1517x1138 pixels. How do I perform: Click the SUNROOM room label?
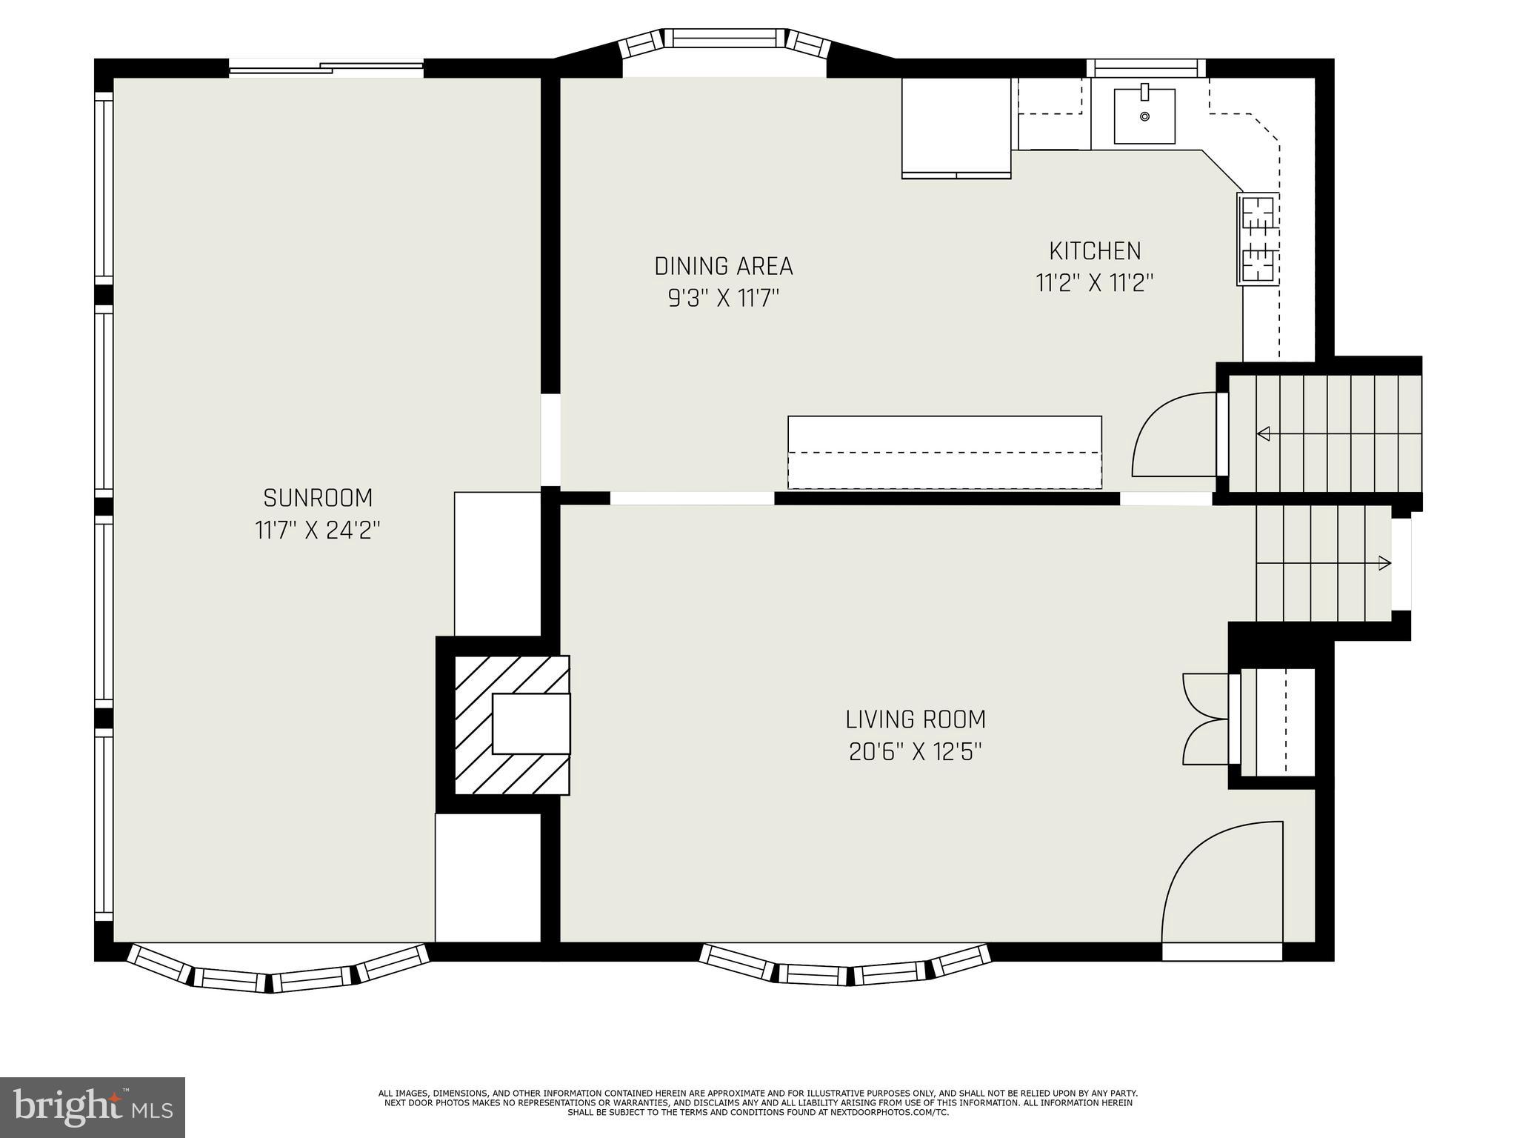pos(318,497)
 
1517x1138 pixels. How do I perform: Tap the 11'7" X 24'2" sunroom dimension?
pos(318,530)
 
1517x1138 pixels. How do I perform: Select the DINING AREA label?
pos(723,266)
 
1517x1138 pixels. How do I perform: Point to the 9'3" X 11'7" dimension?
pos(723,299)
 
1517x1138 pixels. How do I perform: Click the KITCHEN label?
pos(1095,251)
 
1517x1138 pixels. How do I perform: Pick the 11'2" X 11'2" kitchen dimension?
pos(1095,283)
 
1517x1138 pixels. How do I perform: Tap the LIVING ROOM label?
pos(916,719)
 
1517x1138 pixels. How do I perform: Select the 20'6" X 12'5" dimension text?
pos(916,752)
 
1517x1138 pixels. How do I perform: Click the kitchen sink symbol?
pos(1144,116)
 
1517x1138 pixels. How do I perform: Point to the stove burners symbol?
pos(1258,239)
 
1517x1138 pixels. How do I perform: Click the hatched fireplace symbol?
pos(511,725)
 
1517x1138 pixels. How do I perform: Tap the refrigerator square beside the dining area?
pos(956,127)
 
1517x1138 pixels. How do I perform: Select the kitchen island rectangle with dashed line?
pos(944,452)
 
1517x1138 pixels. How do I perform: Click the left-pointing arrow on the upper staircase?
pos(1264,433)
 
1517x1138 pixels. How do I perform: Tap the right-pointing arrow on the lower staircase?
pos(1384,564)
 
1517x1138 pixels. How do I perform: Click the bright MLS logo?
pos(92,1107)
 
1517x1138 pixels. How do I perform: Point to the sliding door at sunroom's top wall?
pos(326,68)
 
